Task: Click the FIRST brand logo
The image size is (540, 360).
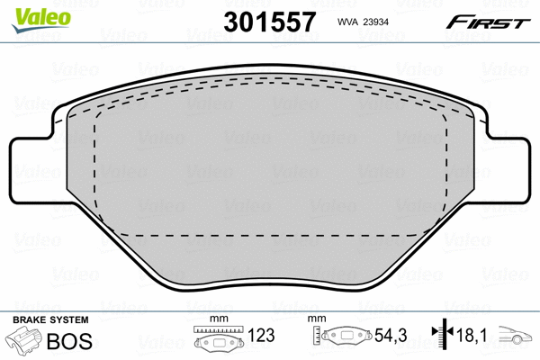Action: click(490, 22)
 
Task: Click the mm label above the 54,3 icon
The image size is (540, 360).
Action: click(315, 319)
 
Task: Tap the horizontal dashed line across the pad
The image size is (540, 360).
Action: click(270, 234)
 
